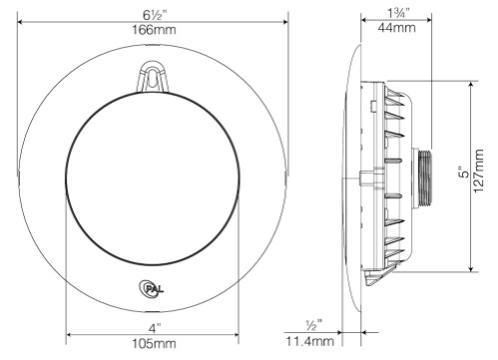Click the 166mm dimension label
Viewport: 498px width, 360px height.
(154, 30)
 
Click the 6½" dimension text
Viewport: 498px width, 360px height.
(155, 15)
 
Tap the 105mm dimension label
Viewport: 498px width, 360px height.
(154, 343)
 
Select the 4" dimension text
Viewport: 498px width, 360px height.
(155, 329)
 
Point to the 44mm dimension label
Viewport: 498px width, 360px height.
(396, 28)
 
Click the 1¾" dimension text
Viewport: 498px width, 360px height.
(398, 13)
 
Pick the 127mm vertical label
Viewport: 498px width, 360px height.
(478, 171)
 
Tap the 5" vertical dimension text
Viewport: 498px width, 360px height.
(463, 172)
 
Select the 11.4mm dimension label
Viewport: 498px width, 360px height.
(310, 341)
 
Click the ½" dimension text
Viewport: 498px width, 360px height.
(314, 325)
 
